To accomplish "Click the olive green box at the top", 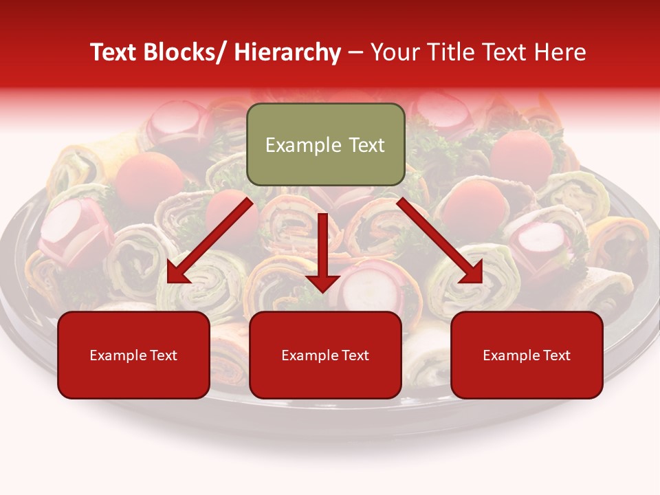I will (x=325, y=144).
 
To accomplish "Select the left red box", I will (x=133, y=355).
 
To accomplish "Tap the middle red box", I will (x=325, y=355).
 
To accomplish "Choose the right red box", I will (x=527, y=355).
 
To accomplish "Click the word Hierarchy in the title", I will (x=287, y=52).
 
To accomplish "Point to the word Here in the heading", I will (x=561, y=52).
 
